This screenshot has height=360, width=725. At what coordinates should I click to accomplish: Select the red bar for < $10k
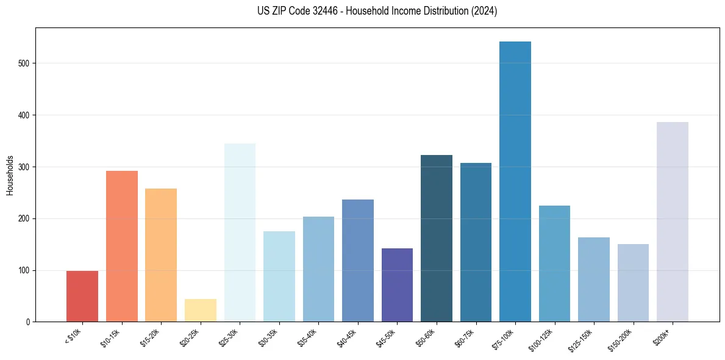[82, 296]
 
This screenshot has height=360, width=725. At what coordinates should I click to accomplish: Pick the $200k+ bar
[673, 222]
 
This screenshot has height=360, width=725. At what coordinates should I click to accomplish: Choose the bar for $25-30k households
[240, 232]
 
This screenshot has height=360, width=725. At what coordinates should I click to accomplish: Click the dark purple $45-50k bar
[397, 285]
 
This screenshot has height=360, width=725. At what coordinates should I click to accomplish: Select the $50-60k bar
[437, 239]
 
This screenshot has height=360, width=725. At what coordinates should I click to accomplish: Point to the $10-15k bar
[122, 247]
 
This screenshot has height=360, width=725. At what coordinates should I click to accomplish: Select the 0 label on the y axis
[28, 322]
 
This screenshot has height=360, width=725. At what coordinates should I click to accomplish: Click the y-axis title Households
[10, 175]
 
